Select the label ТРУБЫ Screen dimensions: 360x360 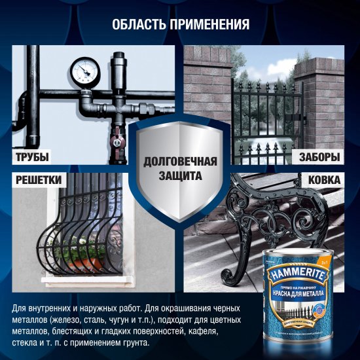(x=33, y=157)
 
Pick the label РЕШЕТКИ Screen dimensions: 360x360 (x=37, y=179)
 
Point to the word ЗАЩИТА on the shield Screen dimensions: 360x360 (x=179, y=176)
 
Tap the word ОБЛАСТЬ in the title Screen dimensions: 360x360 (x=137, y=25)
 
